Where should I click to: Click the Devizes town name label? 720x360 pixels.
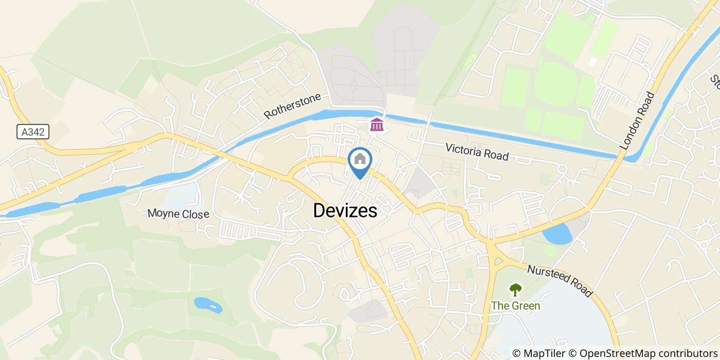point(345,210)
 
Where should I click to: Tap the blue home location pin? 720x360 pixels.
point(360,160)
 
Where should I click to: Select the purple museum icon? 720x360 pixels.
point(377,124)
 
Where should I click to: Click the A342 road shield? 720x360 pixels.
point(32,132)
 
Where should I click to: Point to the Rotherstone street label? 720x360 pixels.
point(293,105)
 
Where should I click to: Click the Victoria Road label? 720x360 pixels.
point(477,152)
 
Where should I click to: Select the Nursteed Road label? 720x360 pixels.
point(560,280)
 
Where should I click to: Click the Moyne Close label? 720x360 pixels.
point(178,213)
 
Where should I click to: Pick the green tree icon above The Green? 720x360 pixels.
point(515,290)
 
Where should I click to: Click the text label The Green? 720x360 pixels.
point(515,306)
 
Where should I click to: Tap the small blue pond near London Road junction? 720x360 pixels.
point(557,235)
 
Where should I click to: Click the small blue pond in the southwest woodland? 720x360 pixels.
point(208,305)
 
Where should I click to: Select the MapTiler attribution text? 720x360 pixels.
point(538,353)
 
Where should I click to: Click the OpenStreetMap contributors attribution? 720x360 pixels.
point(643,353)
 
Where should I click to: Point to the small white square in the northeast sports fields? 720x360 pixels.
point(593,61)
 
